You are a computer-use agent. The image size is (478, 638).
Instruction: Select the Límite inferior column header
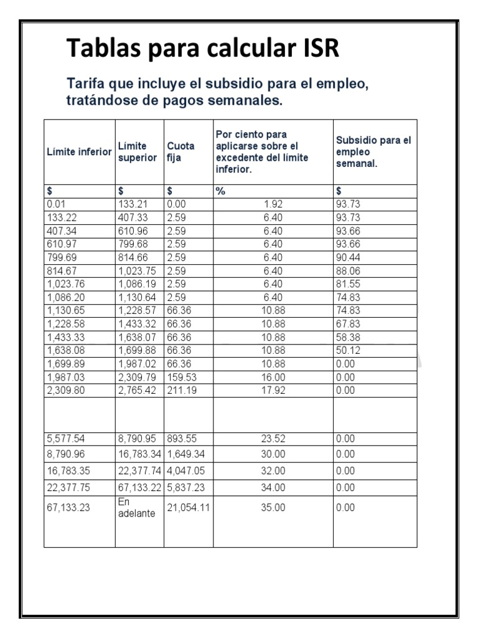point(79,152)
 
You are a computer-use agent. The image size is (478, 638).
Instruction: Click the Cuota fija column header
point(180,152)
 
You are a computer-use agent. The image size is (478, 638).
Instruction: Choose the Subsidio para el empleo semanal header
point(373,152)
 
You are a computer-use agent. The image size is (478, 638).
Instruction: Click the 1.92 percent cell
point(273,204)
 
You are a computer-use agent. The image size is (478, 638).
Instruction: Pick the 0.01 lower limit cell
point(56,204)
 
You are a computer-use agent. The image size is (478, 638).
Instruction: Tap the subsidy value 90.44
point(348,258)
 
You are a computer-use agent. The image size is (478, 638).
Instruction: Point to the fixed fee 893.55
point(181,439)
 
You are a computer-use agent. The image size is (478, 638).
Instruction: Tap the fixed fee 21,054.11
point(188,508)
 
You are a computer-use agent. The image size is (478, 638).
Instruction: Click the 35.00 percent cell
point(273,508)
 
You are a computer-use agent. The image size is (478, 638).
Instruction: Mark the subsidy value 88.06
point(348,271)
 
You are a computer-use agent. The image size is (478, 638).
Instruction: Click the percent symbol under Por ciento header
point(220,191)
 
